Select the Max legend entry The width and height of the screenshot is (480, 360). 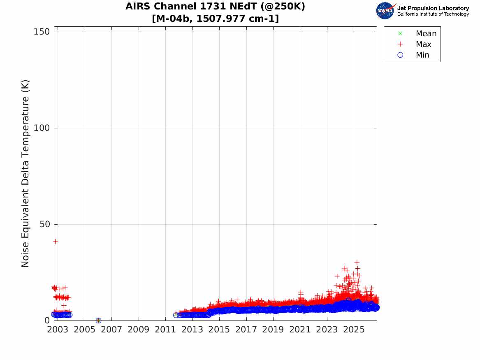(x=415, y=44)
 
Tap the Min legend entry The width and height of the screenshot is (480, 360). (x=413, y=55)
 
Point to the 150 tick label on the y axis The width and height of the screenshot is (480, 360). (x=42, y=32)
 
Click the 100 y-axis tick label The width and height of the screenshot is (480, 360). (x=42, y=128)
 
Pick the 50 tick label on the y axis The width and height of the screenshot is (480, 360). (x=45, y=224)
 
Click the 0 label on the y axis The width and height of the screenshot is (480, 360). (x=47, y=320)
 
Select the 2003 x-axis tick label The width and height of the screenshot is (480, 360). (x=58, y=330)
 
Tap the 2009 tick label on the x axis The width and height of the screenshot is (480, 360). (x=138, y=330)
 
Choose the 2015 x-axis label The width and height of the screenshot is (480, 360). (x=219, y=330)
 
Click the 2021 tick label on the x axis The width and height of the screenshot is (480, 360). (x=300, y=330)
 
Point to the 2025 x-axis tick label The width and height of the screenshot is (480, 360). (x=354, y=330)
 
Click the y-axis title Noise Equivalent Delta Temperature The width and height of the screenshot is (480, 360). (x=25, y=174)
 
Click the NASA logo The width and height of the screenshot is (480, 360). (x=385, y=11)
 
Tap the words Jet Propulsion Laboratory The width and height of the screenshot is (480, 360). (x=433, y=8)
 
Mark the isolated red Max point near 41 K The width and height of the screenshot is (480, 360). (x=55, y=242)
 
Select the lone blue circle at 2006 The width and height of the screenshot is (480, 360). (x=98, y=321)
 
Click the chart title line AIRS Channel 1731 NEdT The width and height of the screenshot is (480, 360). (x=215, y=7)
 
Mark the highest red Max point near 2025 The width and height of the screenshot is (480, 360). (x=357, y=262)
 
